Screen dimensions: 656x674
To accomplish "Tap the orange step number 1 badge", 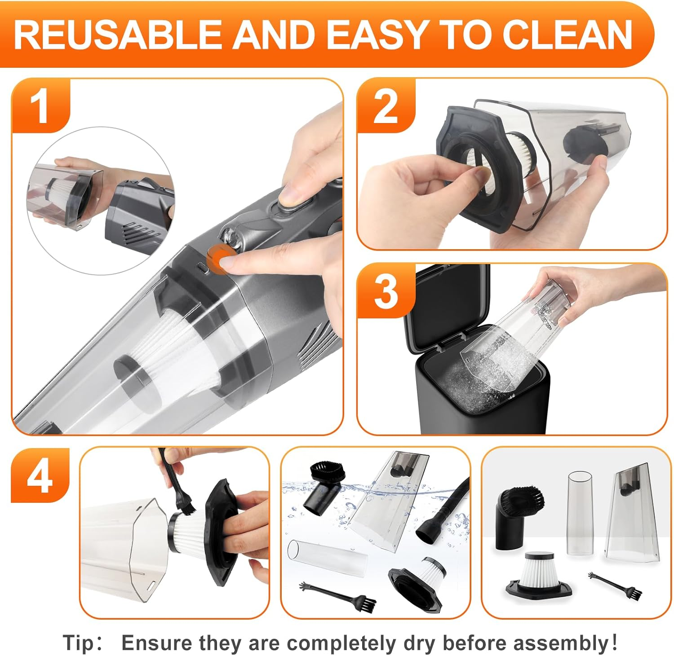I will (x=41, y=106).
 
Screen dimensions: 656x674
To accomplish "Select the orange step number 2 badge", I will (x=386, y=106).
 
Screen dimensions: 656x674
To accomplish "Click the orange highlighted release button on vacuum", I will (x=220, y=260).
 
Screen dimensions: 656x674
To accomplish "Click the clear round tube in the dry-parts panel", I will (x=581, y=512).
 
